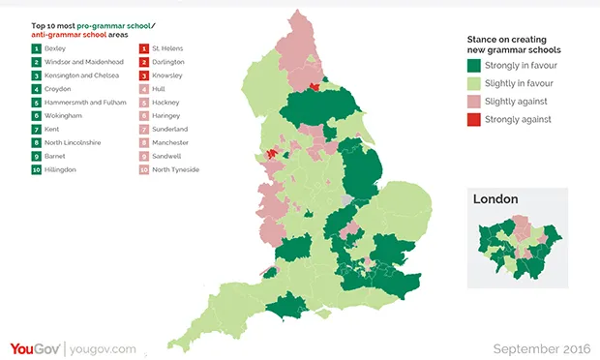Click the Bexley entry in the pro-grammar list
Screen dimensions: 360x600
[x=55, y=47]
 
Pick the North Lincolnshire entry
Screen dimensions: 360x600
[x=71, y=142]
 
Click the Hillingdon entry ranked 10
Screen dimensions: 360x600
[x=60, y=169]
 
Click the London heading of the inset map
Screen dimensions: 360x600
[x=495, y=199]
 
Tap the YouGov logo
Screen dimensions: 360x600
[x=36, y=347]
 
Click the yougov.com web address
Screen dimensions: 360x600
[x=104, y=348]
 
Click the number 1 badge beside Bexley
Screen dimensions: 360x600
[x=36, y=47]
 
